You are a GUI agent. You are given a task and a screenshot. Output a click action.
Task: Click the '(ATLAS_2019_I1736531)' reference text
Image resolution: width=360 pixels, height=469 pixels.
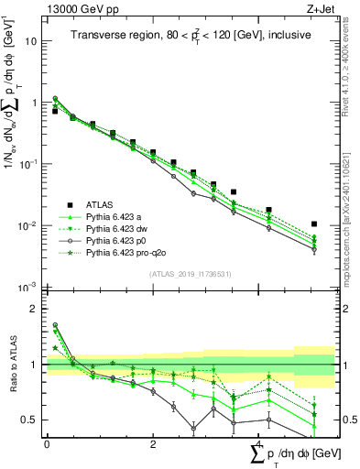click(x=190, y=274)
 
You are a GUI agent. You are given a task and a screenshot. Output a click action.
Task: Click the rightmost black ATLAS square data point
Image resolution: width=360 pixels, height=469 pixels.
click(x=314, y=224)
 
